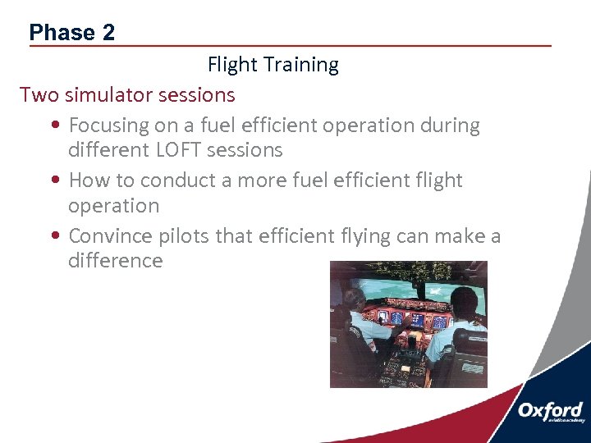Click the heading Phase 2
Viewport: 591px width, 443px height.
[71, 32]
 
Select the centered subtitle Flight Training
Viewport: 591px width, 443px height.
[273, 65]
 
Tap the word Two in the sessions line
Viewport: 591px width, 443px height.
[38, 95]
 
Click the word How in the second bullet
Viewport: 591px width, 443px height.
[88, 180]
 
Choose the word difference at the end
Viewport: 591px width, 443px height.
[115, 261]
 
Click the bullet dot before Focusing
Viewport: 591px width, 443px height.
[53, 127]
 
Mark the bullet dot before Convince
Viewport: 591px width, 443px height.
[53, 237]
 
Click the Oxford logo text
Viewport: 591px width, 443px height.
[550, 410]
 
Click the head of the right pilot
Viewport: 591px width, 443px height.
[464, 305]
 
